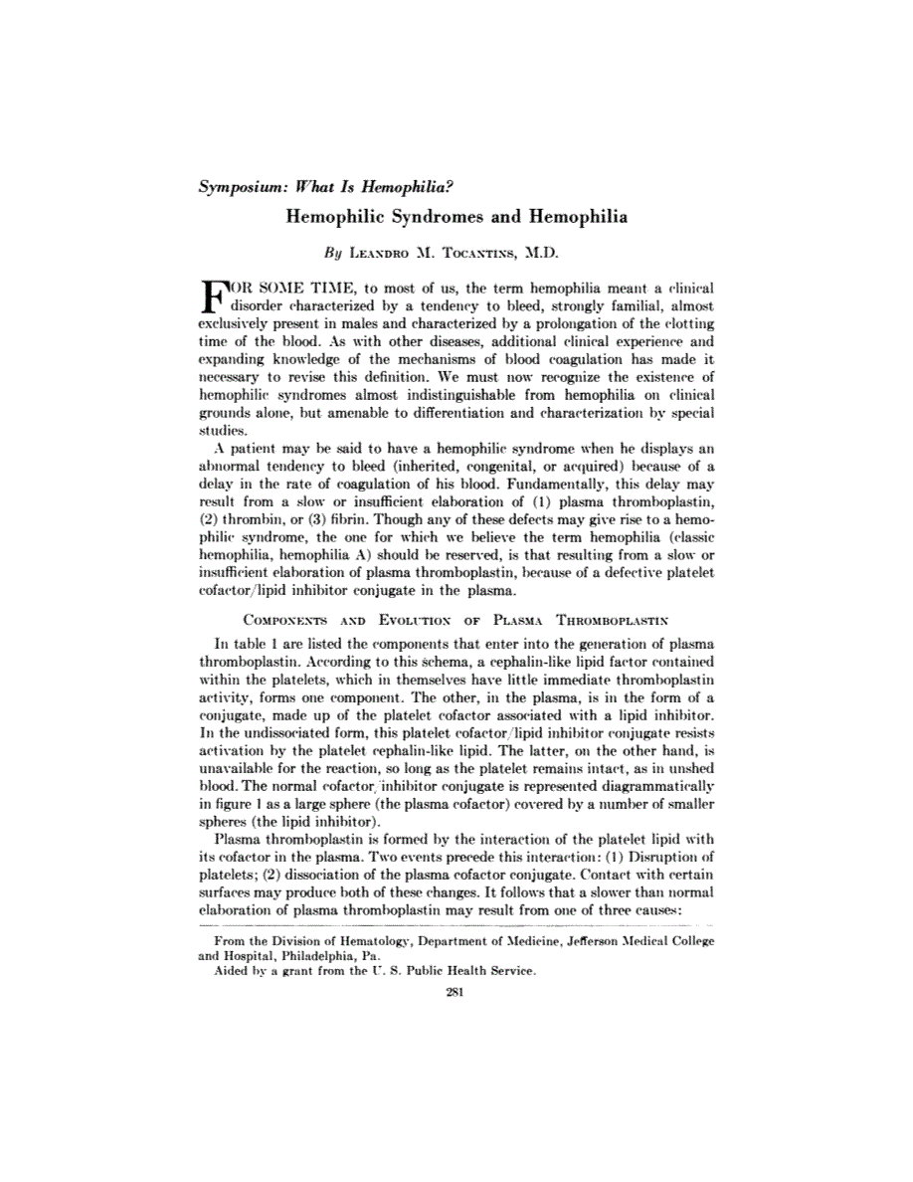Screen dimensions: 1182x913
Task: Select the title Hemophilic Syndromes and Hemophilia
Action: pos(456,216)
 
